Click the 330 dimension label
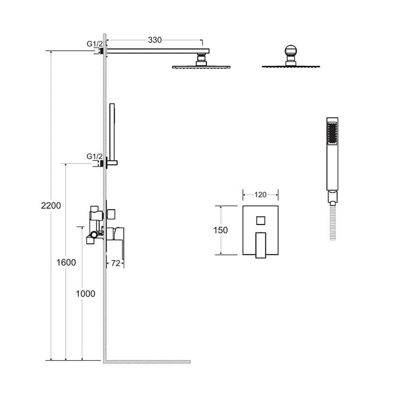pyautogui.click(x=155, y=40)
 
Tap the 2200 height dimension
pyautogui.click(x=51, y=205)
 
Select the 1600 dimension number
pyautogui.click(x=66, y=262)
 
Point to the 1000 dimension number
pyautogui.click(x=85, y=294)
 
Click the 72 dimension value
pyautogui.click(x=116, y=263)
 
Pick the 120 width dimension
pyautogui.click(x=260, y=195)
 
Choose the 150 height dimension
pyautogui.click(x=220, y=230)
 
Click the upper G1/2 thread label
pyautogui.click(x=95, y=44)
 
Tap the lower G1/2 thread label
pyautogui.click(x=95, y=156)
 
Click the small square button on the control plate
pyautogui.click(x=260, y=220)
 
